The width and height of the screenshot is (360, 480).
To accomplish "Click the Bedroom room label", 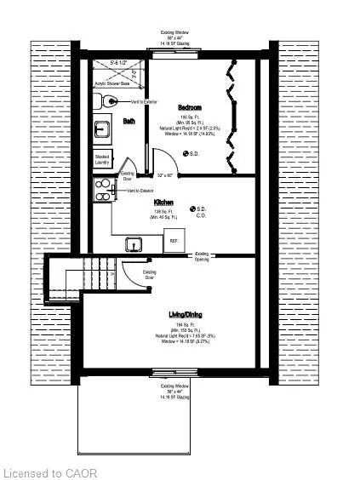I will pyautogui.click(x=189, y=107).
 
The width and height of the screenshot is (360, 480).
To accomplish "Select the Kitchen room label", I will pyautogui.click(x=163, y=203).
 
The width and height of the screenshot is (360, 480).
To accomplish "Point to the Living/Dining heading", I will pyautogui.click(x=188, y=315).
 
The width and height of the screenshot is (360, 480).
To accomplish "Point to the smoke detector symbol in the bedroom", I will pyautogui.click(x=187, y=154).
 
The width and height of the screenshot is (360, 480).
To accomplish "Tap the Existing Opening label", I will pyautogui.click(x=203, y=254).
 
